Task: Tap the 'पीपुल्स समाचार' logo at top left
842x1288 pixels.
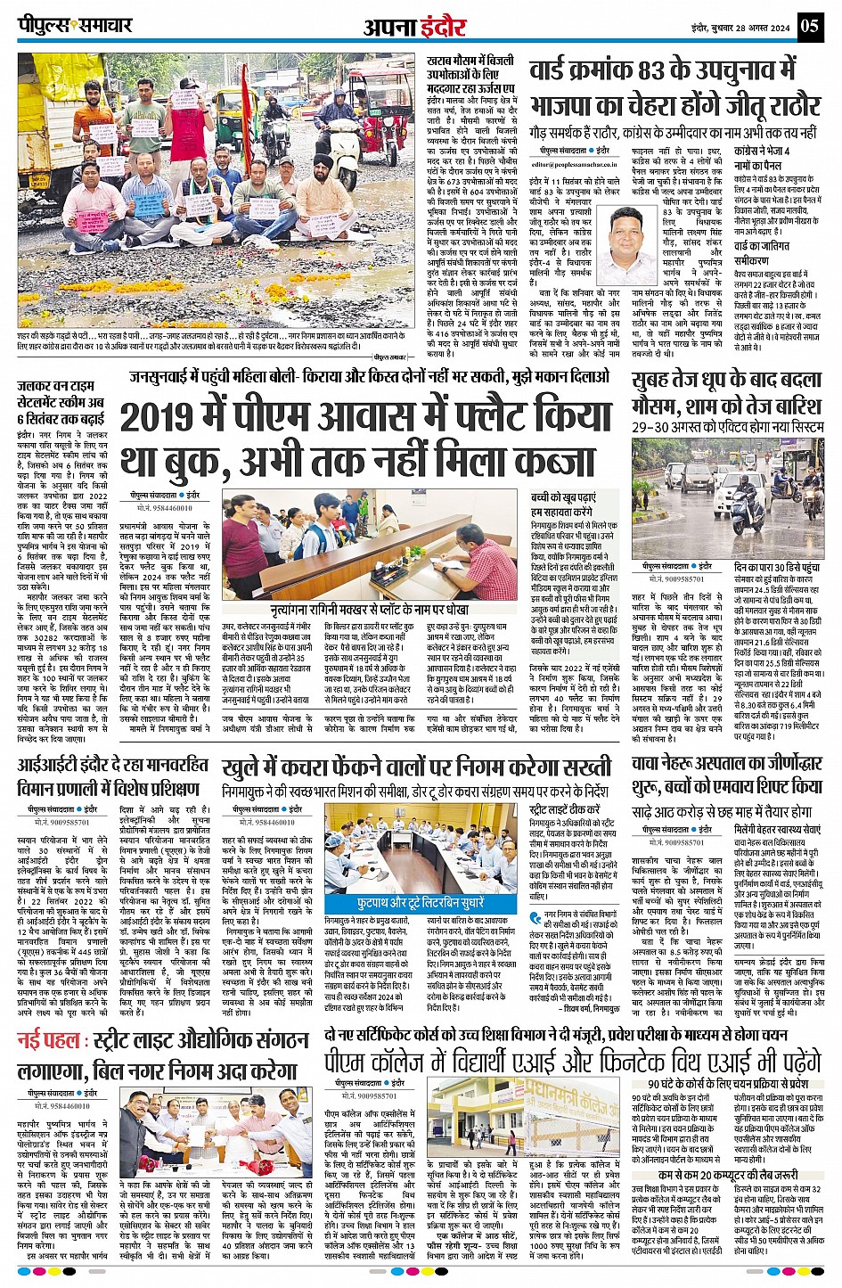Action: point(75,25)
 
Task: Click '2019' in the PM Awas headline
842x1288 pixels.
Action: point(170,418)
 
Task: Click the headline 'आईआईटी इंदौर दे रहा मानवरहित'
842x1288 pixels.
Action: point(112,765)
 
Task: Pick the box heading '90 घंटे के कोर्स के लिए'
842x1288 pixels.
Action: point(727,1082)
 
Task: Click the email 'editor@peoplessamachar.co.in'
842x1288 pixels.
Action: point(575,163)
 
